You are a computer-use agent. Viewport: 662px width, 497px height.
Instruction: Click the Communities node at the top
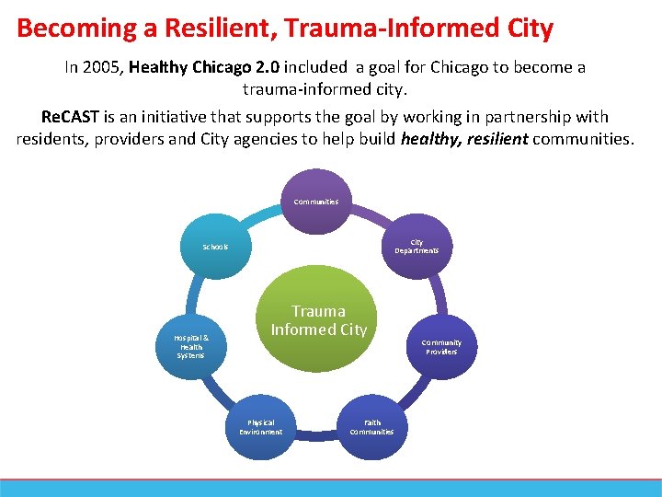[x=316, y=202]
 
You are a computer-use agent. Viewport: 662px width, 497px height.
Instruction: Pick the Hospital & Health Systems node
[x=192, y=346]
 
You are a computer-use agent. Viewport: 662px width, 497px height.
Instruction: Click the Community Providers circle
[x=441, y=346]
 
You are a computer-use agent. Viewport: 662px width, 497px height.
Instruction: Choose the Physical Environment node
[x=261, y=427]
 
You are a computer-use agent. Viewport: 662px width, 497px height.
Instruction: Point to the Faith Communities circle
[x=371, y=427]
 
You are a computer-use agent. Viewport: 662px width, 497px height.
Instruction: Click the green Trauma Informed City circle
[x=318, y=319]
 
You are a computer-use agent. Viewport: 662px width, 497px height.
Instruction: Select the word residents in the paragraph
[x=51, y=140]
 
